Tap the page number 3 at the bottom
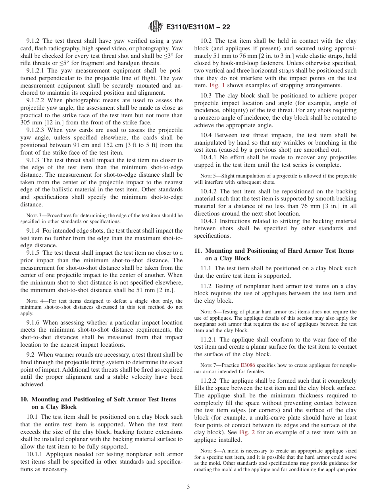(188, 487)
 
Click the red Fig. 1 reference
(213, 86)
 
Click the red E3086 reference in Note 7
(246, 365)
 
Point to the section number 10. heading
(24, 399)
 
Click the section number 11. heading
(198, 251)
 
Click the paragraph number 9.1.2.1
(36, 71)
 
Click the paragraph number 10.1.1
(35, 454)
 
